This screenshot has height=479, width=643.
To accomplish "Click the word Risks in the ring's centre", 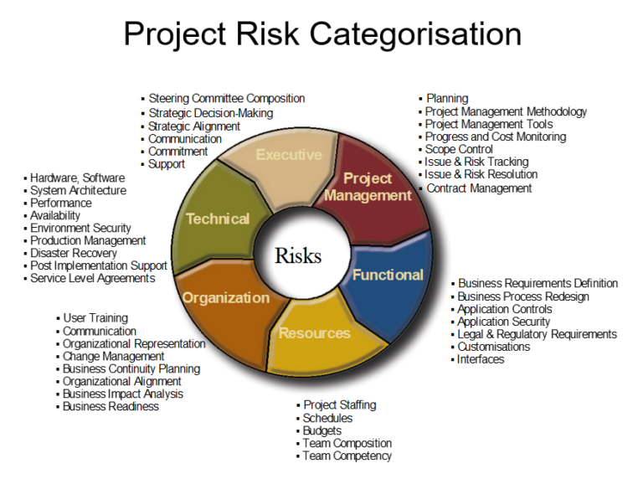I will coord(298,255).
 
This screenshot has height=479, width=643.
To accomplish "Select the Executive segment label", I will coord(289,155).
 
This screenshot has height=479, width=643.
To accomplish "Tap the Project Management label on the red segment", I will coord(368,187).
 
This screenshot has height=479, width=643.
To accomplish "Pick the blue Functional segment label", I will coord(388,275).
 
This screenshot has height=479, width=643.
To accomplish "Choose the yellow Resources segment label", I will coord(315,333).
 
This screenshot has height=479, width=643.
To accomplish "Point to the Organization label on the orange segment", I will coord(226,297).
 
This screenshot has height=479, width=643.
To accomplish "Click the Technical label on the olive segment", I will coord(218,219).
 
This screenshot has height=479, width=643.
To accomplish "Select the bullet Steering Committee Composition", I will coord(226,99).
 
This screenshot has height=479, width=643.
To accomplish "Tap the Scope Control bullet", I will coord(459,149).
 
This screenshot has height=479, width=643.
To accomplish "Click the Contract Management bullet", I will coord(479,188).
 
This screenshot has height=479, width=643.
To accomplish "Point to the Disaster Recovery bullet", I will coord(73,253).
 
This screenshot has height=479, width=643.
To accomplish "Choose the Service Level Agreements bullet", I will coord(92,278).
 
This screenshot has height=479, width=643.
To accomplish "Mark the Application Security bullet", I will coord(503,322).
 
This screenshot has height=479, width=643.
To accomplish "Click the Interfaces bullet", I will coord(481,359).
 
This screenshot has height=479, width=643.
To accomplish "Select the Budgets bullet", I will coord(321,430).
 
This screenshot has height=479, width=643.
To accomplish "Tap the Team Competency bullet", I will coord(347,456).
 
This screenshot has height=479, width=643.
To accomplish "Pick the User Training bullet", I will coord(95,318).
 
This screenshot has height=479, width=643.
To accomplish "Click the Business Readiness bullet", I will coord(111,406).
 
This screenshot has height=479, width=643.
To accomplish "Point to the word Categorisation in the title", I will coord(416,35).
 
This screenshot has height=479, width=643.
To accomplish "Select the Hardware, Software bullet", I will coord(77,178).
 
